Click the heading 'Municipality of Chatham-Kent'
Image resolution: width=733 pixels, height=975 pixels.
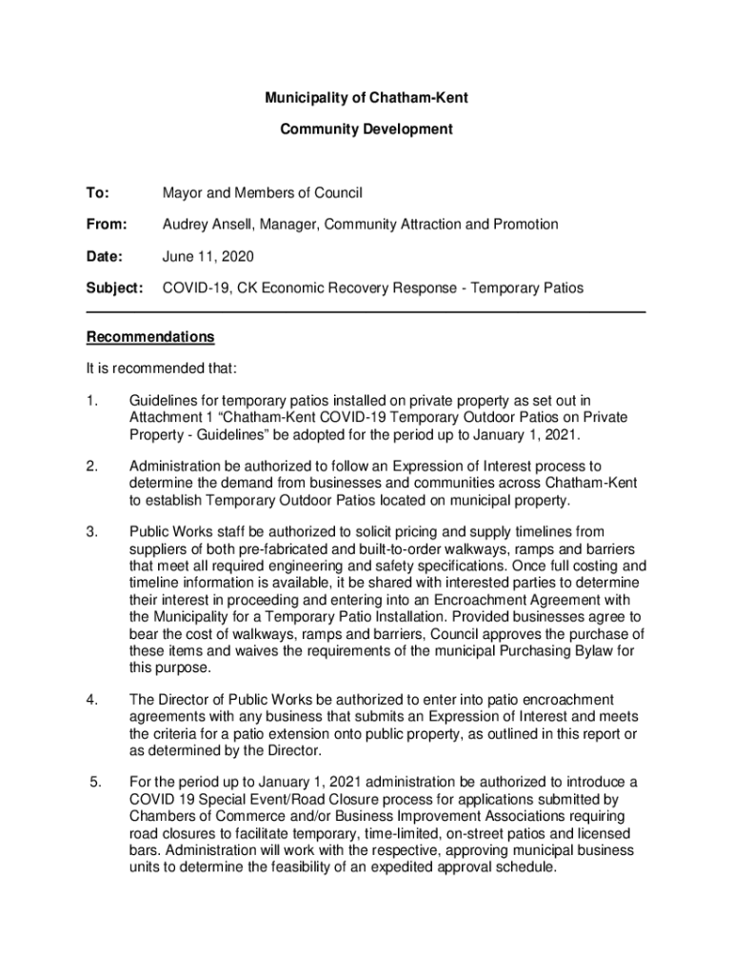pos(366,97)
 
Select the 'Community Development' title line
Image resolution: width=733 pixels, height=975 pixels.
pos(366,129)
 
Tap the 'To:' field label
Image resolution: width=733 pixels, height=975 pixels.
pos(98,193)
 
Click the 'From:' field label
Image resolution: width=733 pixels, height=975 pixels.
pos(107,225)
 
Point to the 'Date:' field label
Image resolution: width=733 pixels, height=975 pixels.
pos(105,256)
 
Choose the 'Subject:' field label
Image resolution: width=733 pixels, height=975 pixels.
pos(114,288)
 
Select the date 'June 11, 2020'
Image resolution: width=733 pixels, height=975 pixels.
pos(208,256)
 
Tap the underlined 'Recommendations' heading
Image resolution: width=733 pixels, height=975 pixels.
pos(150,337)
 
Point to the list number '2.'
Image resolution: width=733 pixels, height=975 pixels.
pos(92,467)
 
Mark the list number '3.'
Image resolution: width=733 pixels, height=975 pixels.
pos(92,531)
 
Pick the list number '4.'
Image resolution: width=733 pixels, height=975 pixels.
pos(92,701)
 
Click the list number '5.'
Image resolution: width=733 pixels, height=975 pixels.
pos(94,783)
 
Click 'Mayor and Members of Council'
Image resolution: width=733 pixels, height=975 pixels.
pos(263,193)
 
